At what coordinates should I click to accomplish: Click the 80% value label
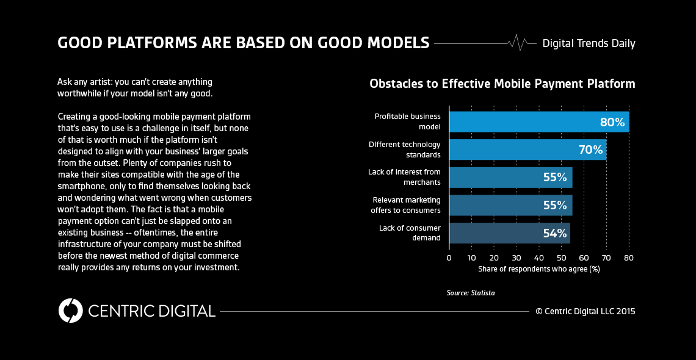612,122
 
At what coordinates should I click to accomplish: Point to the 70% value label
590,149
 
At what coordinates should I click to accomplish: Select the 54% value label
555,233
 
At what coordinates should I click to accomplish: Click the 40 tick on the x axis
539,258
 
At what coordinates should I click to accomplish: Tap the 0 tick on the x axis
449,258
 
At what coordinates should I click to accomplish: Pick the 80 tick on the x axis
629,258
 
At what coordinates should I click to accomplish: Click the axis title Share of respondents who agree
539,269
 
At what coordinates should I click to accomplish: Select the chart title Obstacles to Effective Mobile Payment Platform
502,84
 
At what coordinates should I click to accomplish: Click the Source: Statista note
470,293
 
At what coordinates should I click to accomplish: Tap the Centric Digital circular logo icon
71,311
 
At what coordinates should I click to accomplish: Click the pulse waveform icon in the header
518,43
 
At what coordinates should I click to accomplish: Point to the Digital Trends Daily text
589,43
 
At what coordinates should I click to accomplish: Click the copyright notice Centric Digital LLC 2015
585,311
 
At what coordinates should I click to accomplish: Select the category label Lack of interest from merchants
404,177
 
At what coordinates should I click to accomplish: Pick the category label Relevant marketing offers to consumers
405,205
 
